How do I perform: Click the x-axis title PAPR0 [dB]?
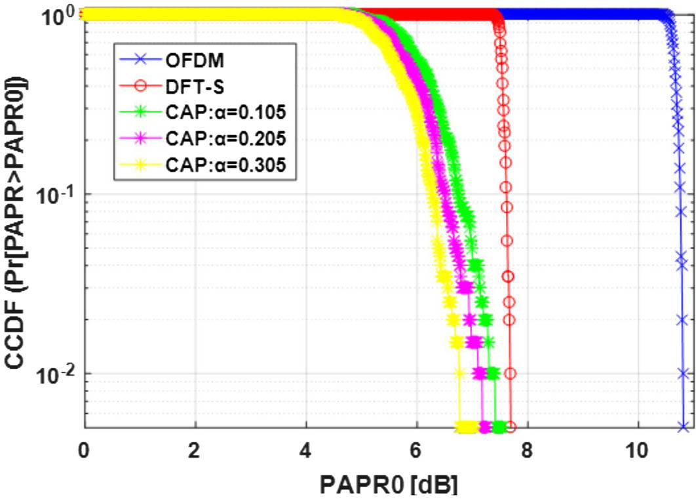[x=388, y=484]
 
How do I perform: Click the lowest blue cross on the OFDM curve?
[x=683, y=428]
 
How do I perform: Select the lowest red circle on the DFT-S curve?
[x=511, y=428]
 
